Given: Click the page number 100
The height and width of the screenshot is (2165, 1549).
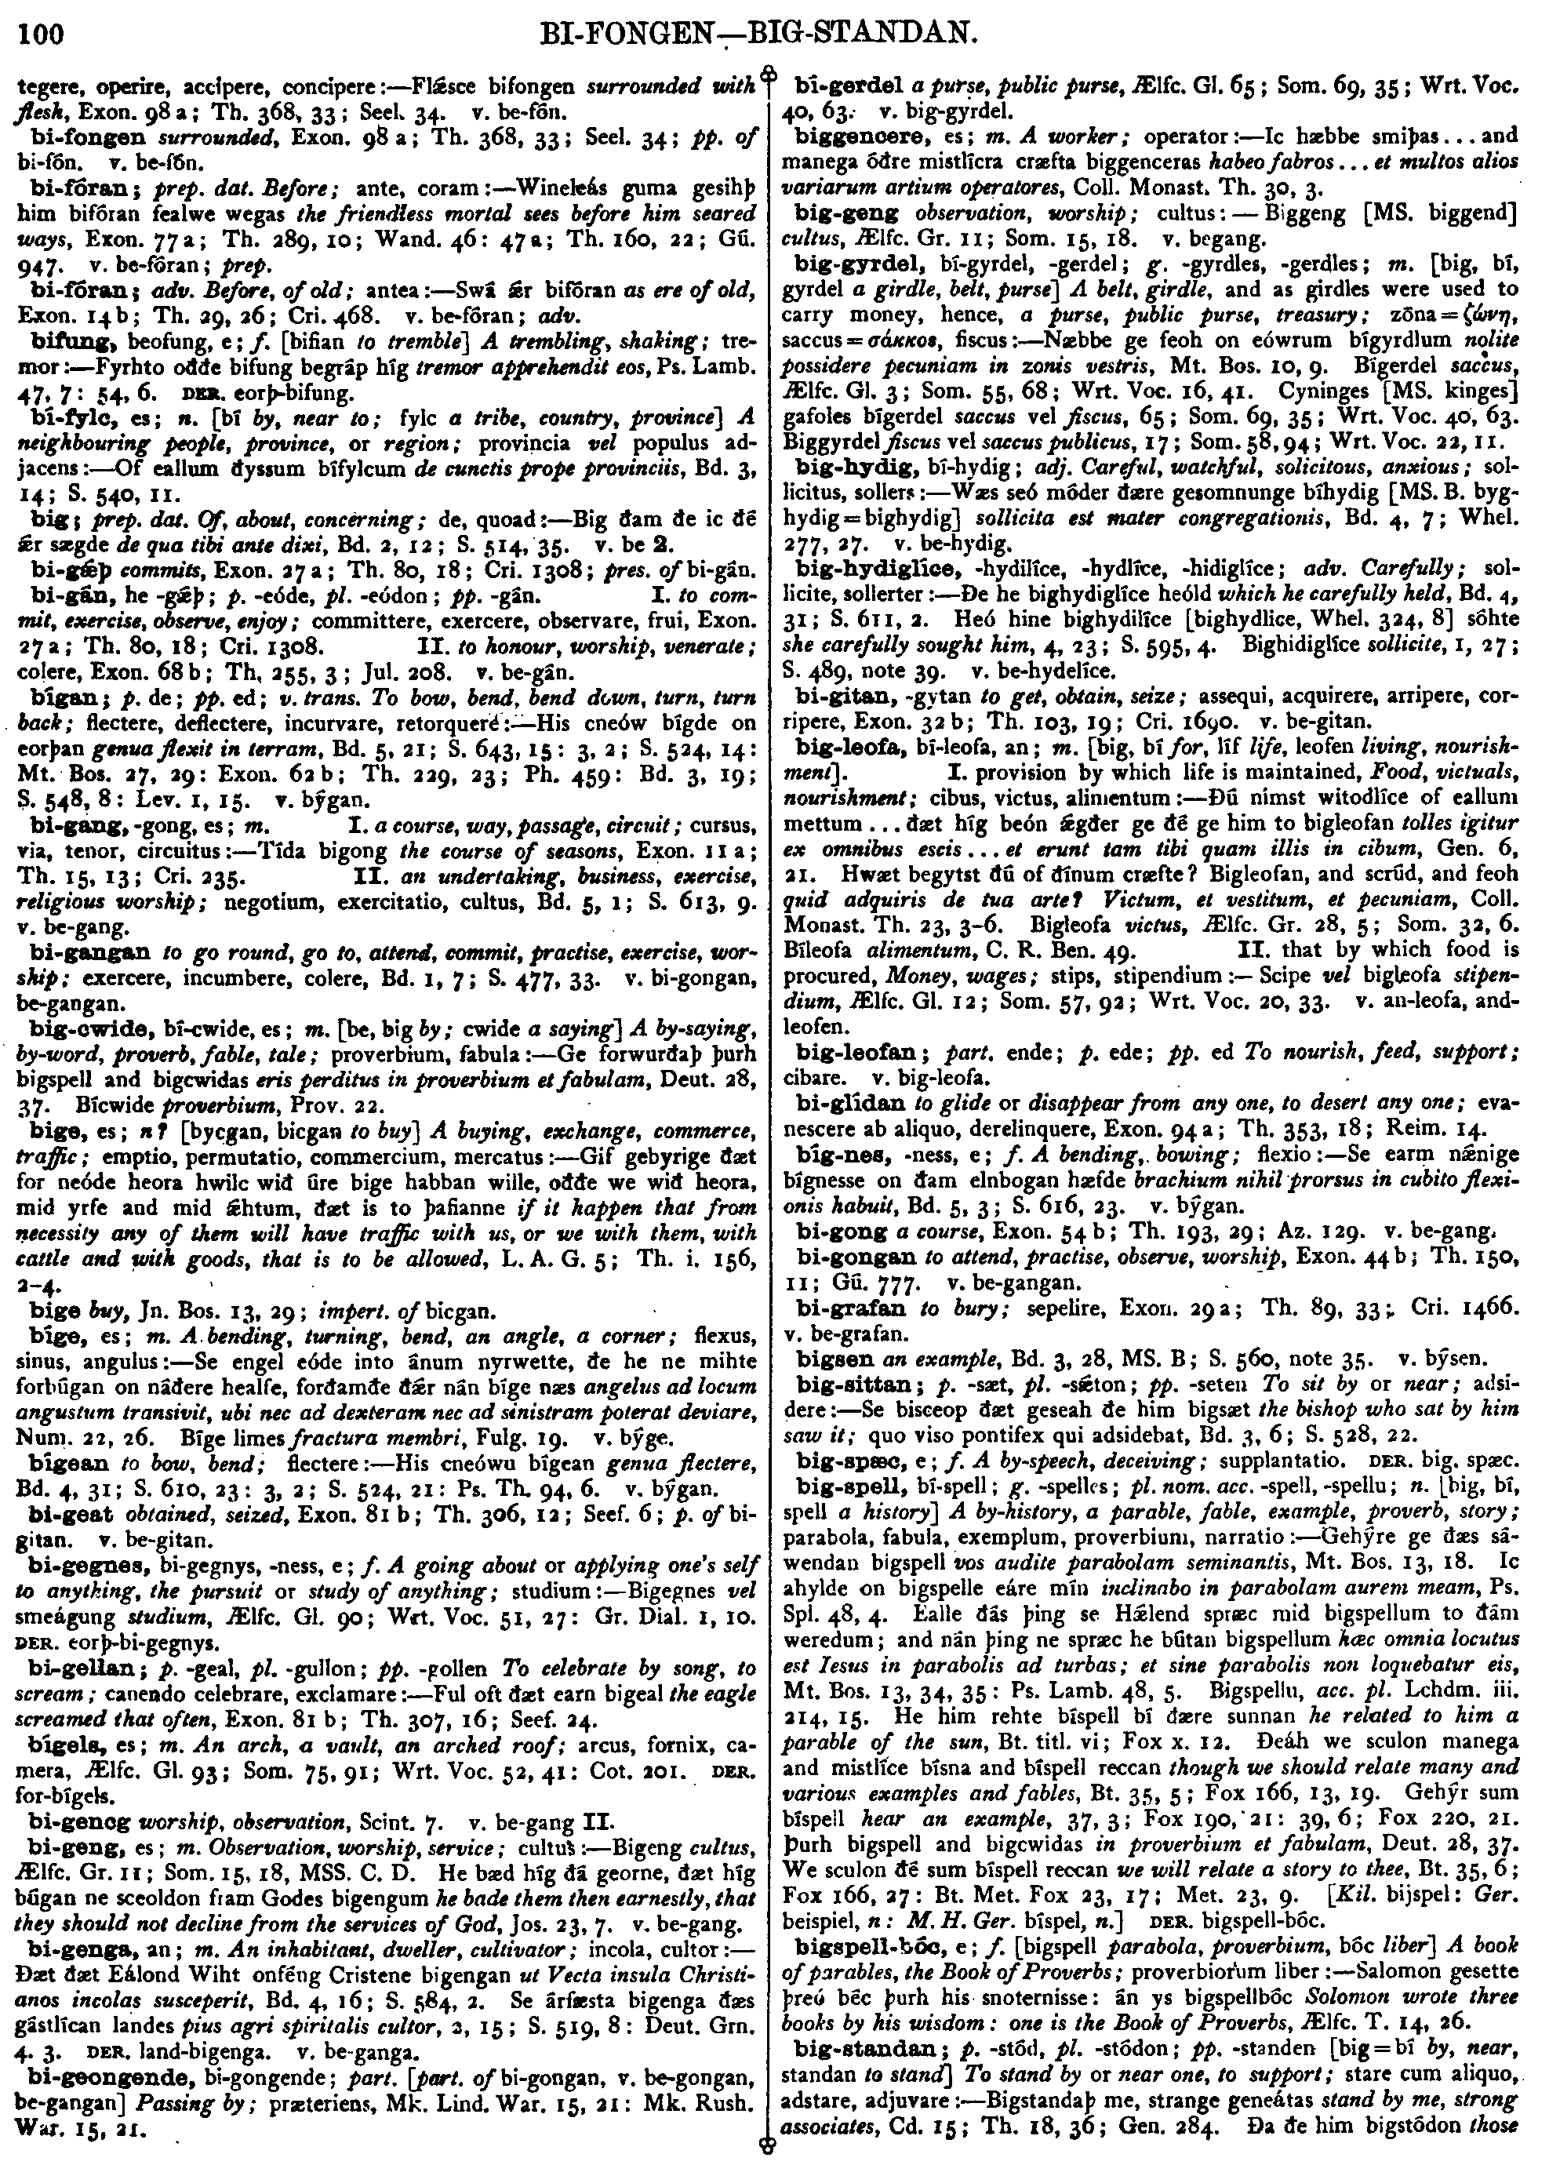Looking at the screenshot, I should pyautogui.click(x=39, y=35).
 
